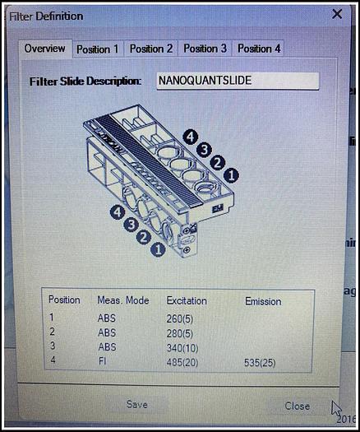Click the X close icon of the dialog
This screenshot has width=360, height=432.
pos(337,14)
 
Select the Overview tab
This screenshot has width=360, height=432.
pos(45,49)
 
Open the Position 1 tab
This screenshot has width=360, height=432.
pos(98,49)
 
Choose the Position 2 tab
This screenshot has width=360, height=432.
pos(151,49)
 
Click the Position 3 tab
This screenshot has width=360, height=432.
pos(205,49)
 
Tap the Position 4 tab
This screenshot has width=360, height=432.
pos(259,49)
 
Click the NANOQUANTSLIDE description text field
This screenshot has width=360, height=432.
pos(238,81)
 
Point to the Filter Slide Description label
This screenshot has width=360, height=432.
pos(85,81)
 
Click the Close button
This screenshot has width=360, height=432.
pos(298,406)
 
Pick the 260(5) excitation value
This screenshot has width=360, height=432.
pos(179,318)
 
